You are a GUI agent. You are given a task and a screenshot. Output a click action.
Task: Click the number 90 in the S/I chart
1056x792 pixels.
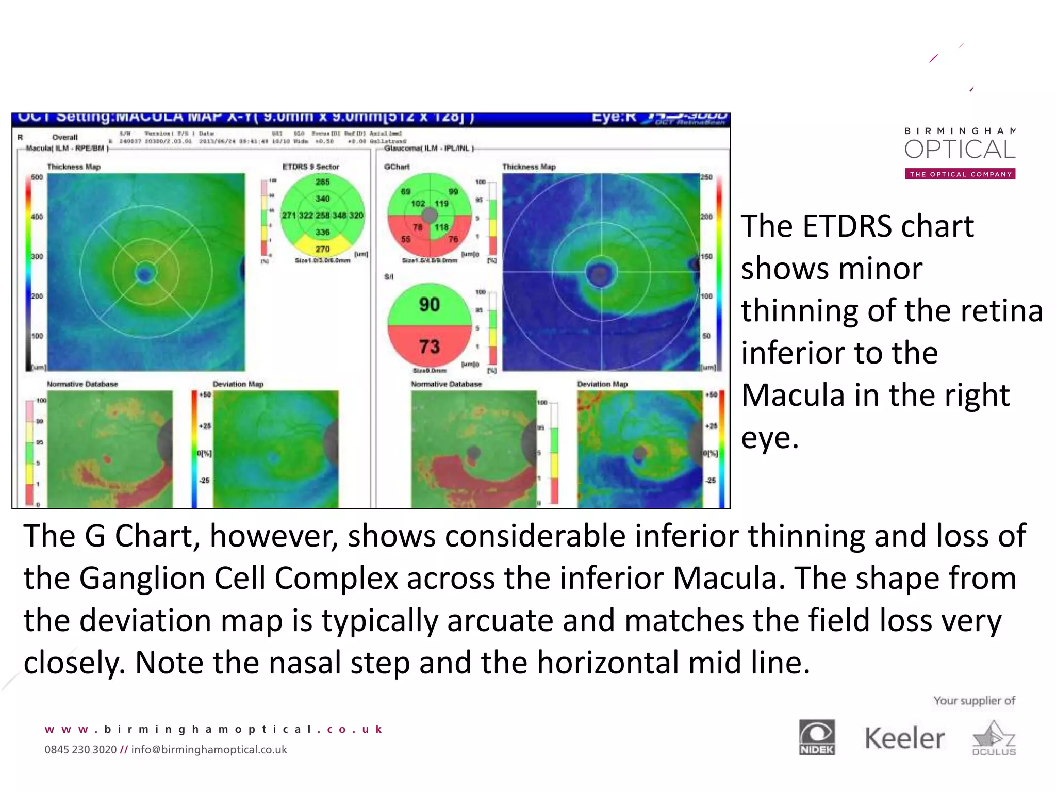coord(429,304)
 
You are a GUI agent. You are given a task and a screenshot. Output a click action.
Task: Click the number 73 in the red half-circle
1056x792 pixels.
coord(429,346)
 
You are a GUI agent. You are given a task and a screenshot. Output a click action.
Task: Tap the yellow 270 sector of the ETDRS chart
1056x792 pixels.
coord(323,249)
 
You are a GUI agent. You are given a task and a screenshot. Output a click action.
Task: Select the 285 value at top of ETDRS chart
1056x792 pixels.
coord(323,181)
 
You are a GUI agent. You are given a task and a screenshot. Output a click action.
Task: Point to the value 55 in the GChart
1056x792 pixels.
coord(406,239)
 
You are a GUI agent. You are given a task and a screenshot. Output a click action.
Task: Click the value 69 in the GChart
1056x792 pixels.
coord(406,191)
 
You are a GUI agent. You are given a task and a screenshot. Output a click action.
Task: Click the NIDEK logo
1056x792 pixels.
coord(817,737)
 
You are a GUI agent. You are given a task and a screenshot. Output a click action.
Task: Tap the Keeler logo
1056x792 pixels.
coord(904,738)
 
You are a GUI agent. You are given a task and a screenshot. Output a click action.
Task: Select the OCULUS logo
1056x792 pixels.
coord(994,738)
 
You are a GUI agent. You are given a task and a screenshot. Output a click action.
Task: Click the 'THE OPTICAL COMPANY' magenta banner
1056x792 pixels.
coord(960,174)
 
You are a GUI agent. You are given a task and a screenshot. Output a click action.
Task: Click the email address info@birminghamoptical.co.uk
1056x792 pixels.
coord(209,750)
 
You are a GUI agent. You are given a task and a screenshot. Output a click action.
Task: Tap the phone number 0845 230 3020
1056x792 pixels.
coord(80,750)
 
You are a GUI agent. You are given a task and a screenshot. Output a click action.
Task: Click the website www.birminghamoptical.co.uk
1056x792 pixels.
coord(213,729)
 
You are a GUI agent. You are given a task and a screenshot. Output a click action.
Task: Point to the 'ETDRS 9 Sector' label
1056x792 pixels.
coord(310,167)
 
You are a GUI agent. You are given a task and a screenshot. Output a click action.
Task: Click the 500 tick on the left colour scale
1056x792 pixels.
coord(37,177)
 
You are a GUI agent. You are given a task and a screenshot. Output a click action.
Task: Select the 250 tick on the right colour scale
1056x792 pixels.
coord(706,177)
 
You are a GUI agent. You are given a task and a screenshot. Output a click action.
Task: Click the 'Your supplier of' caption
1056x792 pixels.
coord(974,701)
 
